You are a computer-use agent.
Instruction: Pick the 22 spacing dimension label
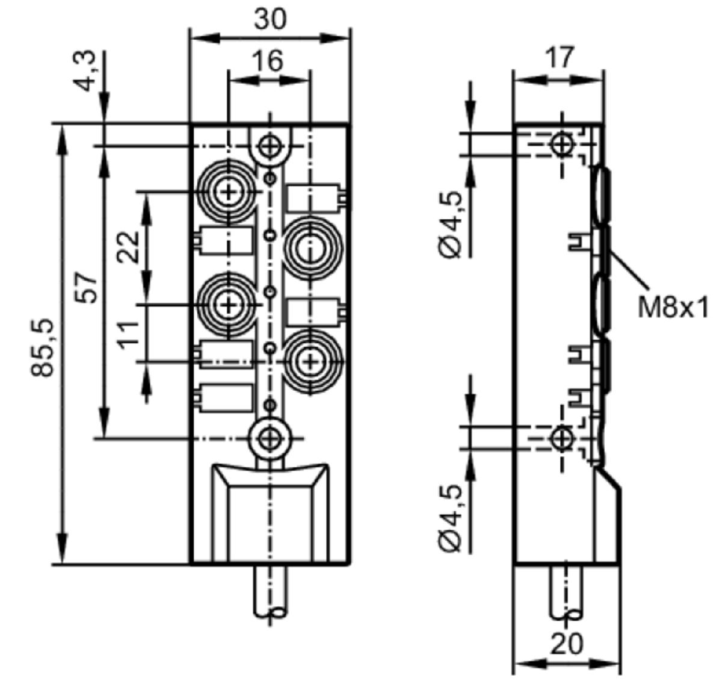128,247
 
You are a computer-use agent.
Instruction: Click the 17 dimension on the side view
559,57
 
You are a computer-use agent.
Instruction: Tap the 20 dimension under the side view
567,643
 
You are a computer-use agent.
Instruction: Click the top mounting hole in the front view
271,146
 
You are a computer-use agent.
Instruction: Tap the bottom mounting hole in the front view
271,438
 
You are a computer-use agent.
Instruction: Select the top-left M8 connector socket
229,191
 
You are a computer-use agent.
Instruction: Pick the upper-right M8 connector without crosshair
310,249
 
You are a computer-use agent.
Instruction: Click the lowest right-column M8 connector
310,362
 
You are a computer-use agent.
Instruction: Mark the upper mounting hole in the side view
562,144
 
